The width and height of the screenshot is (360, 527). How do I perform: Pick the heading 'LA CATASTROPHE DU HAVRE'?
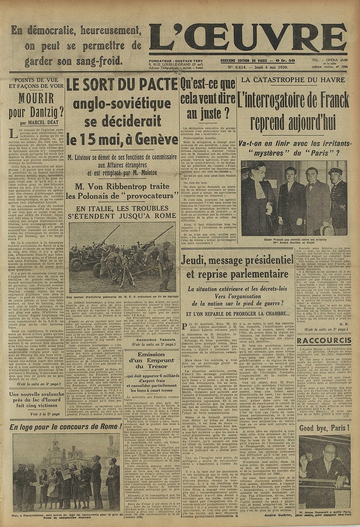295,80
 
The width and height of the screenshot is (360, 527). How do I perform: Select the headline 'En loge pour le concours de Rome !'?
66,426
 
